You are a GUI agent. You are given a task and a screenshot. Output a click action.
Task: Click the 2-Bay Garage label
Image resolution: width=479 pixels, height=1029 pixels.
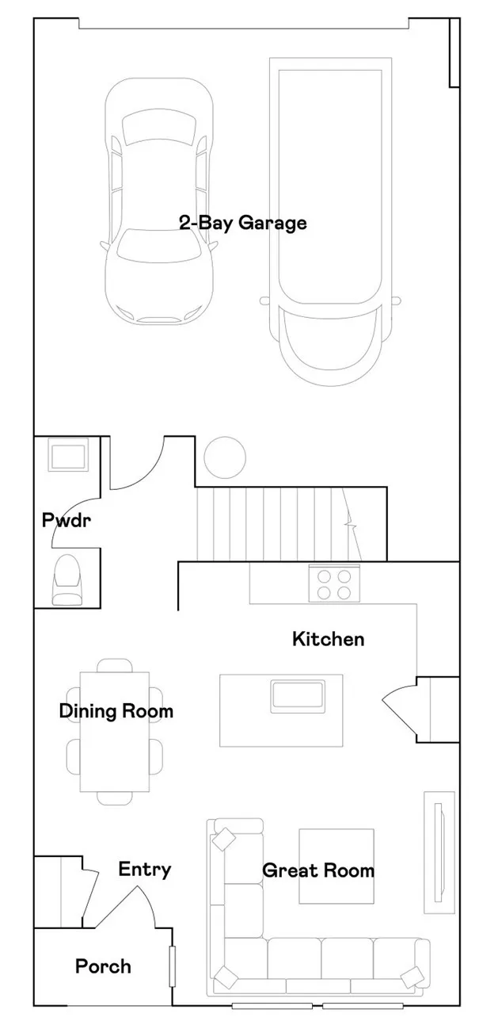pos(242,223)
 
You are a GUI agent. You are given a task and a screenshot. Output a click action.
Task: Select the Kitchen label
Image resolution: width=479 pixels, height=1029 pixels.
pos(329,638)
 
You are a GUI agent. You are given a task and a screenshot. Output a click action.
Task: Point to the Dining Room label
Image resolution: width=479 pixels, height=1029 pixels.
pos(116,711)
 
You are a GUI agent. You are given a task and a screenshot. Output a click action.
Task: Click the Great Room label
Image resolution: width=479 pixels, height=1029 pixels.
pos(317,870)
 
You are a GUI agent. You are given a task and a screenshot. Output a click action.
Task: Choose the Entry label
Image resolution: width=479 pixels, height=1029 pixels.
pos(144,869)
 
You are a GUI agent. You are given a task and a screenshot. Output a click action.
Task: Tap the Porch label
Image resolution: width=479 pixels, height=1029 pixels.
pos(103,966)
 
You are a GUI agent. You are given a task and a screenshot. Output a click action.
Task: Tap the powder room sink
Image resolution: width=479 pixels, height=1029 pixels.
pos(67,457)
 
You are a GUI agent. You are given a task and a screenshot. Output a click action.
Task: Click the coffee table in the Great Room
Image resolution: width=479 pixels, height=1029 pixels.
pos(336,866)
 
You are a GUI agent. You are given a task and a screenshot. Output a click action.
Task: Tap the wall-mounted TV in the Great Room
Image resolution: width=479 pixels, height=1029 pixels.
pos(439,851)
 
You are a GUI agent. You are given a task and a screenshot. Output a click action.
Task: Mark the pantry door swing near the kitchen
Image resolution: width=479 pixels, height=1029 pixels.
pos(400,705)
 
